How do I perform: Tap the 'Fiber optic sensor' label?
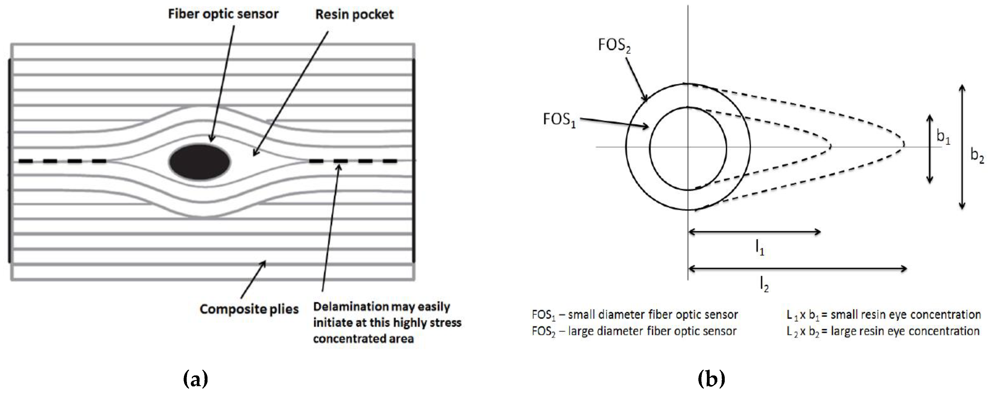tap(223, 14)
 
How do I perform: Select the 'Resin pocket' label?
tap(354, 15)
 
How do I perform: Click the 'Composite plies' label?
tap(249, 309)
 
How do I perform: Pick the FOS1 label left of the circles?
tap(559, 120)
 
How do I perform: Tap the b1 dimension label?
tap(943, 137)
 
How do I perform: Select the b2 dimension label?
tap(976, 155)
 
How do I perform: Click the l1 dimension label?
tap(759, 249)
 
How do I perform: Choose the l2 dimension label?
tap(764, 285)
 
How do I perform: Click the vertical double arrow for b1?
tap(929, 149)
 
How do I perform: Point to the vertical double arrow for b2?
tap(962, 147)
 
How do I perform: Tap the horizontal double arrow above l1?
tap(754, 231)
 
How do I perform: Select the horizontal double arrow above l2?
tap(797, 268)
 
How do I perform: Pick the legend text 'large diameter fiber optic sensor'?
tap(652, 331)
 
